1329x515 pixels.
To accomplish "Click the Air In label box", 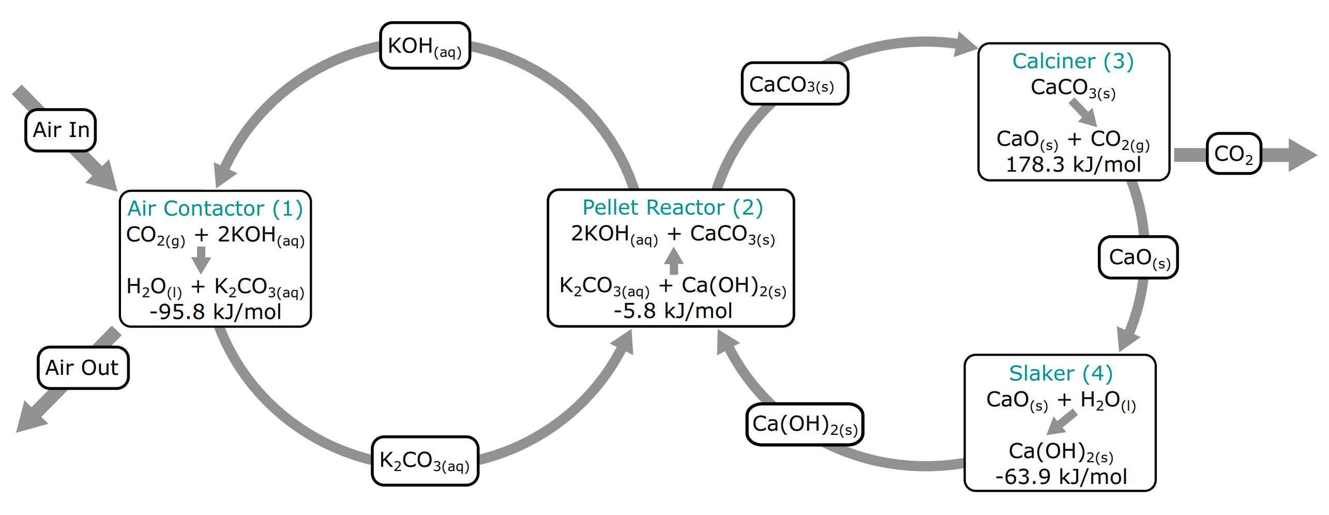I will click(61, 130).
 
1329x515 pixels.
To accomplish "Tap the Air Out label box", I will click(83, 368).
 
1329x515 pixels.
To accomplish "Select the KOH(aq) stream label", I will click(425, 46).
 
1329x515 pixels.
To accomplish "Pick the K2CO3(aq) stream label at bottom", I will click(425, 461).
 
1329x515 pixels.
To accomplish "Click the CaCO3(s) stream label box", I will click(794, 84).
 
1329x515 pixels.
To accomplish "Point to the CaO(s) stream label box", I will click(1138, 257).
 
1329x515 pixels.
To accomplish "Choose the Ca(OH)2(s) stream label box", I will click(805, 424).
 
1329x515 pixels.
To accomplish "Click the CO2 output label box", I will click(1233, 154).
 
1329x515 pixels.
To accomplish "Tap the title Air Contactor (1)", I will click(215, 208).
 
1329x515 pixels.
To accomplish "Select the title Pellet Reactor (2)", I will click(672, 207).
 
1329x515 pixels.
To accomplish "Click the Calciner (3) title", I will click(1073, 61).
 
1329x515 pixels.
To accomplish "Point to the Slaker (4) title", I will click(1061, 373).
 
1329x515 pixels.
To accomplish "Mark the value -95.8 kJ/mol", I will click(215, 312).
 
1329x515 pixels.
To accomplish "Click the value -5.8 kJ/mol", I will click(672, 311).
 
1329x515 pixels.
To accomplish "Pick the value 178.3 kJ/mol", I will click(1073, 164).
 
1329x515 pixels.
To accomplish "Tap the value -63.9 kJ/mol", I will click(1061, 477).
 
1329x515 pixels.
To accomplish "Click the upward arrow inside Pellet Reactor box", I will click(673, 261).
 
